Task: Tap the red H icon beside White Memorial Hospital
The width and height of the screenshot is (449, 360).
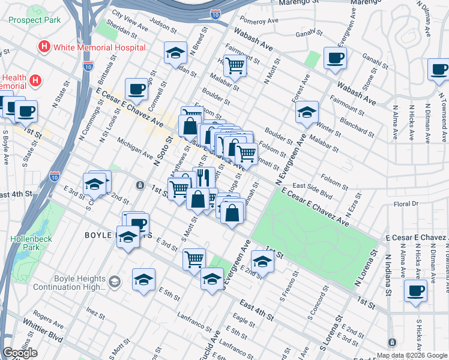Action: [x=43, y=47]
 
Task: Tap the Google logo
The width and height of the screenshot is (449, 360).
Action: [x=20, y=353]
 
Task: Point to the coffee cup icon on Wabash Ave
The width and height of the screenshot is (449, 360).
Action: [x=335, y=59]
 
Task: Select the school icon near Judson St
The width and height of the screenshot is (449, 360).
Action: [x=176, y=53]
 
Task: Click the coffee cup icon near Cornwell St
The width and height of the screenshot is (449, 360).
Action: [x=136, y=89]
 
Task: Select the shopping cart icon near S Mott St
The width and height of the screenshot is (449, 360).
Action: [x=194, y=259]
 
